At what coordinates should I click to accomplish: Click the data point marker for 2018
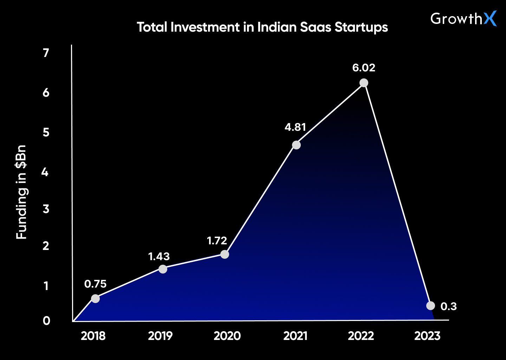[x=95, y=298]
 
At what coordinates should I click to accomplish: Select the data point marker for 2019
[x=163, y=269]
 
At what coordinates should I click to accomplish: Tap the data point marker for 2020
[x=225, y=254]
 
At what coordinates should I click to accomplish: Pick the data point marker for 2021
[x=296, y=145]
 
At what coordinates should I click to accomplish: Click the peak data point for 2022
[x=364, y=83]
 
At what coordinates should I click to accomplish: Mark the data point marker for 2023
[x=430, y=306]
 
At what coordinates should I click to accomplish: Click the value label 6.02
[x=364, y=67]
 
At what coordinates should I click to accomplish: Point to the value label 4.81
[x=295, y=127]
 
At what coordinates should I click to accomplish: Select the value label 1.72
[x=217, y=241]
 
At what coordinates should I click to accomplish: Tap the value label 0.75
[x=95, y=284]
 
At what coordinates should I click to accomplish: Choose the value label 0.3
[x=448, y=307]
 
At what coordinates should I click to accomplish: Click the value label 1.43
[x=159, y=257]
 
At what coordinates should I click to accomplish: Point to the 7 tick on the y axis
[x=46, y=53]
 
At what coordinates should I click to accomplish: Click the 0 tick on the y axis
[x=46, y=321]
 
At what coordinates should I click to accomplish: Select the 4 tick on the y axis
[x=45, y=172]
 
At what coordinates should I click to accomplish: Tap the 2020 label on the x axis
[x=227, y=336]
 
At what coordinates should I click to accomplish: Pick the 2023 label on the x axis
[x=427, y=336]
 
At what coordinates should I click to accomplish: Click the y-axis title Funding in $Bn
[x=21, y=192]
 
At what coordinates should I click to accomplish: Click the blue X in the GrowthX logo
[x=490, y=19]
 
